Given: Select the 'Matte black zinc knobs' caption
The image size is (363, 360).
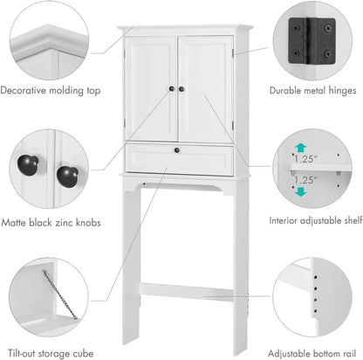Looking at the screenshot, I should click(50, 223).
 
